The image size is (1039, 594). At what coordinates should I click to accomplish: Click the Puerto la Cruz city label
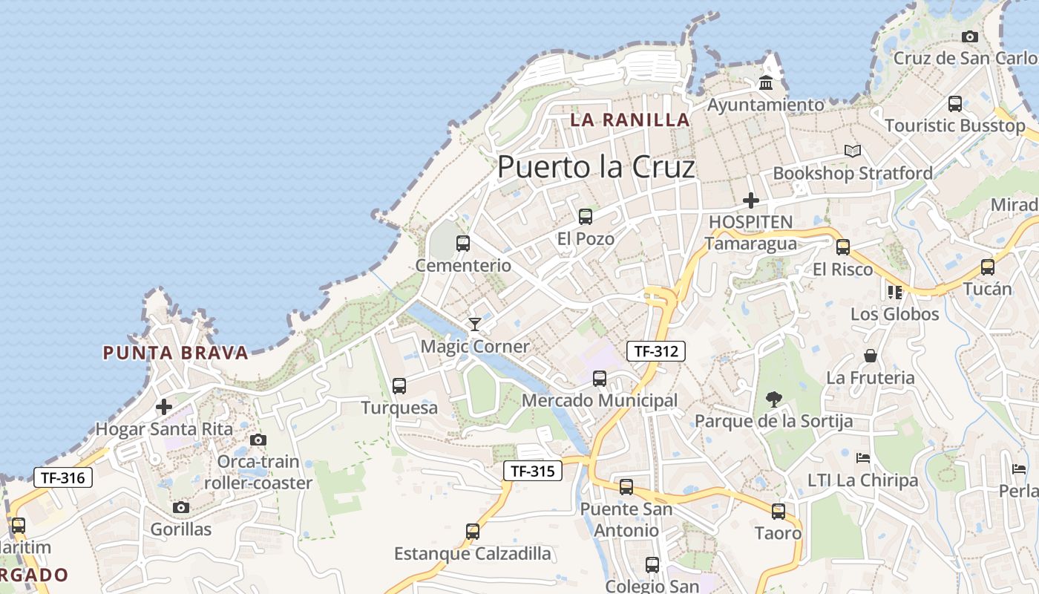click(x=596, y=167)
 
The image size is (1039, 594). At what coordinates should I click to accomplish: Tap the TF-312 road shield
click(x=656, y=351)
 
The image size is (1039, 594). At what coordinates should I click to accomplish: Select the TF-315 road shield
click(x=533, y=471)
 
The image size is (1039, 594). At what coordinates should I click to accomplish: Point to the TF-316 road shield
click(x=63, y=477)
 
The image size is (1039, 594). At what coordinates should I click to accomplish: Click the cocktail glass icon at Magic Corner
click(x=474, y=324)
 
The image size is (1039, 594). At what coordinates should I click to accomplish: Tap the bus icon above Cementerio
click(x=463, y=243)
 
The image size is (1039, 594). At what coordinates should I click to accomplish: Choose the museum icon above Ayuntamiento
click(x=766, y=82)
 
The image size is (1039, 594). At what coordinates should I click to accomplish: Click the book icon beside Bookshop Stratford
click(x=853, y=151)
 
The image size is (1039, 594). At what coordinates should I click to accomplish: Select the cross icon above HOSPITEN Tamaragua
click(x=751, y=200)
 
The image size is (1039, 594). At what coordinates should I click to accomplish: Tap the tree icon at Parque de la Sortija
click(x=773, y=399)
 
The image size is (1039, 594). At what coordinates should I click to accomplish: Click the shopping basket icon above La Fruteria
click(x=871, y=356)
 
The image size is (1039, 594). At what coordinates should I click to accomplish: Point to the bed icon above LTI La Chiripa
click(x=862, y=457)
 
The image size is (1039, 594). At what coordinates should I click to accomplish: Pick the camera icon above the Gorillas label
click(x=180, y=508)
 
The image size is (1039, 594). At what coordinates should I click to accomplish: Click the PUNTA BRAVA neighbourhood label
click(x=175, y=353)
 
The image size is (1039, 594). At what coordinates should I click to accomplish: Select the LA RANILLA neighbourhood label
click(x=630, y=120)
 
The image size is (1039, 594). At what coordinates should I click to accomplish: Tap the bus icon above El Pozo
click(x=586, y=217)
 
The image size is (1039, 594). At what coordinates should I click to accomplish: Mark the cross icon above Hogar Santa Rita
click(x=164, y=407)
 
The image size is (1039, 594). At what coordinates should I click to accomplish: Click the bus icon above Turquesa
click(x=399, y=386)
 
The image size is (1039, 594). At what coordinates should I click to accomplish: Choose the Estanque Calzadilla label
click(x=473, y=554)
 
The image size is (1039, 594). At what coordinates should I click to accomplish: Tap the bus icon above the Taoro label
click(x=779, y=512)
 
